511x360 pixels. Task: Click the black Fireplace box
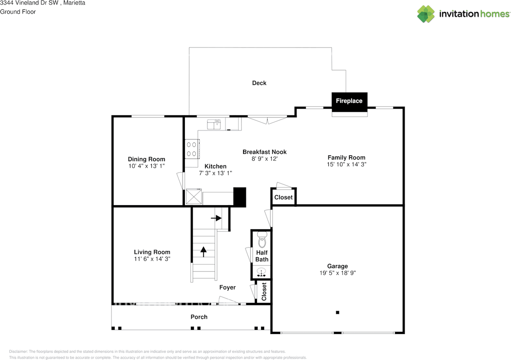(349, 101)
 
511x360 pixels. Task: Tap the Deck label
(259, 83)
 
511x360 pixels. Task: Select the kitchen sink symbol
(214, 125)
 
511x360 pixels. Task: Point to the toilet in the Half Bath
(262, 241)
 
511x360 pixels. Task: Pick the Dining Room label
(146, 159)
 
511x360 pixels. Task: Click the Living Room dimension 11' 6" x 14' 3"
(152, 259)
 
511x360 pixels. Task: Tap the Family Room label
(346, 157)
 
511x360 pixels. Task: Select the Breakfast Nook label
(264, 152)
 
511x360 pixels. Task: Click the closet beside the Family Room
(283, 197)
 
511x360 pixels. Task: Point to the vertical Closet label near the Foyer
(263, 292)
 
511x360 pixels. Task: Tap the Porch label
(199, 317)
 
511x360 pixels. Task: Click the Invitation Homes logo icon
(426, 14)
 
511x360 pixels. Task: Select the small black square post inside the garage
(337, 313)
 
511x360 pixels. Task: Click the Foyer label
(227, 287)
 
